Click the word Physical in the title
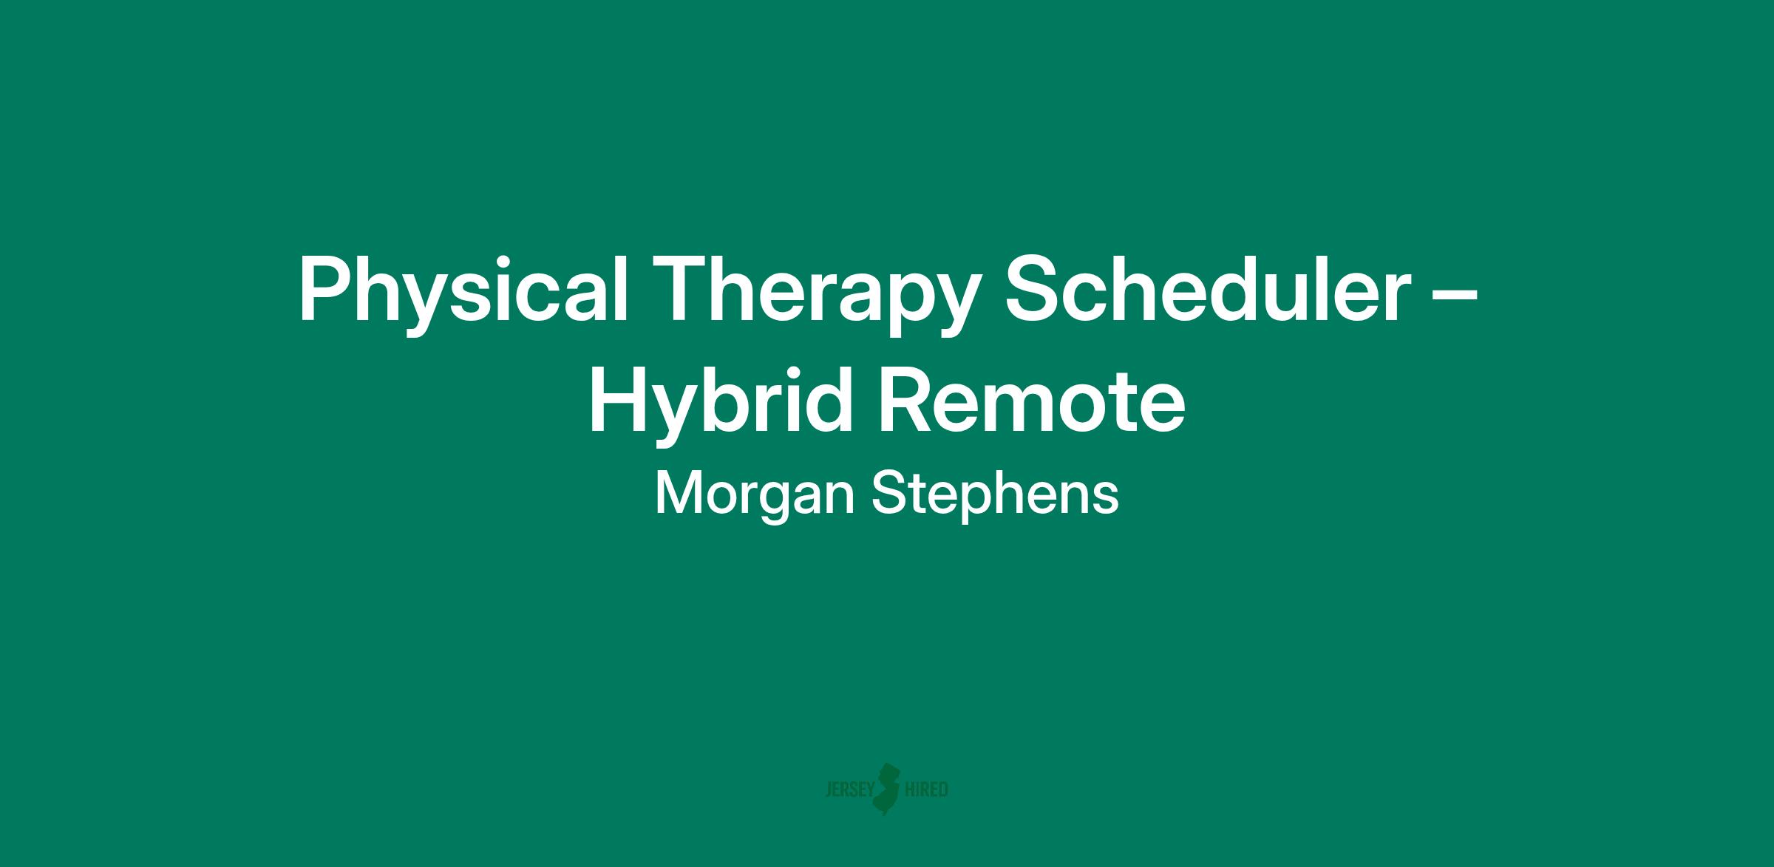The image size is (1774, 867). pos(463,291)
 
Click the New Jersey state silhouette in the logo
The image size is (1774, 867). pos(887,789)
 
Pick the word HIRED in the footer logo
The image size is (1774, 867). pos(926,790)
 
